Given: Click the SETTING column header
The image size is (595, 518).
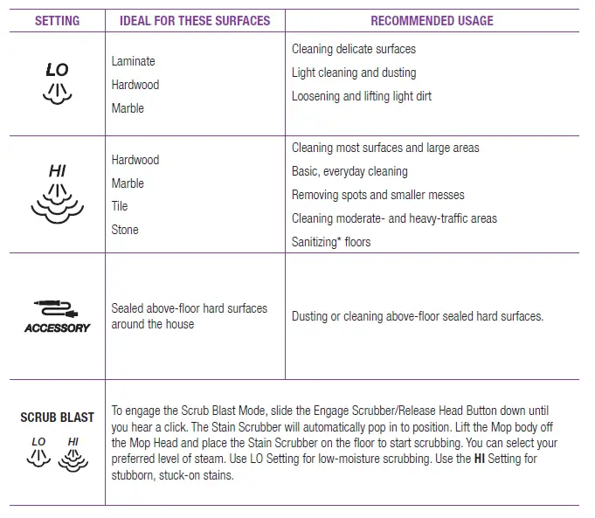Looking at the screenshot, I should coord(57,21).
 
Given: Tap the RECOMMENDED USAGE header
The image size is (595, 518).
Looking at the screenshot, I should coord(432,21).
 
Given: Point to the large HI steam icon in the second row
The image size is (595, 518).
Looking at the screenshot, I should coord(57,193).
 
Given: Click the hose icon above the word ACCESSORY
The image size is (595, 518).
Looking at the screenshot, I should coord(57,307).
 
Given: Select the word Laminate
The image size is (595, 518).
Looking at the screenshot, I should coord(134,61).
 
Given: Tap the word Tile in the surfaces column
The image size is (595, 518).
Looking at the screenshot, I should coord(120,206).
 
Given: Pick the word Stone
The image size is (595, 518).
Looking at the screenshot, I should coord(125,230).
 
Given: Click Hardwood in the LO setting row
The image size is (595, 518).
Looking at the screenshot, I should coord(135,85).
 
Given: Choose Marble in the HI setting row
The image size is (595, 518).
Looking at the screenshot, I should coord(128,183).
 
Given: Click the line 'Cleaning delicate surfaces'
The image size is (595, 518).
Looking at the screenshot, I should coord(354,49).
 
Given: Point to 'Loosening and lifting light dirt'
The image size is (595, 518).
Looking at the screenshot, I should coord(362,96).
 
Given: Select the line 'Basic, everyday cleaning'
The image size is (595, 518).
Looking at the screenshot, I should coord(349,171).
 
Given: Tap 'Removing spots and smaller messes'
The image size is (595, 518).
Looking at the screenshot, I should coord(378,195).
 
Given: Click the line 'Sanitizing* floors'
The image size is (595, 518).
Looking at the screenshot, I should coord(331,242).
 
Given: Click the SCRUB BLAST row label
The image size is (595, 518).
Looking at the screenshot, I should coord(57,418).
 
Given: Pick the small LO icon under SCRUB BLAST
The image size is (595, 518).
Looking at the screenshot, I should coord(39,452).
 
